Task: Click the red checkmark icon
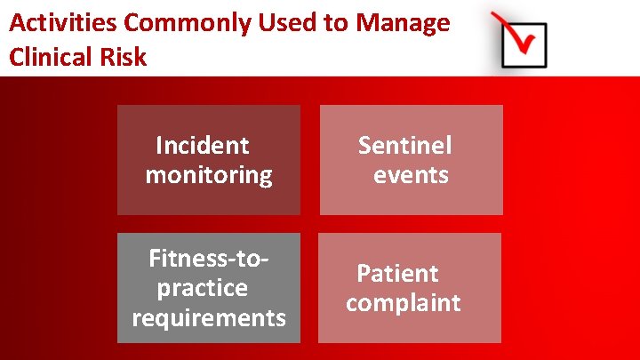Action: [520, 38]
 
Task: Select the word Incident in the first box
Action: [203, 145]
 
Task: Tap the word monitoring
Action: [209, 174]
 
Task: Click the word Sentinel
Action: [405, 145]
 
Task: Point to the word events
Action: [411, 174]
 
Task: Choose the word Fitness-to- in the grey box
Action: [209, 259]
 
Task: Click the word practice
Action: [203, 288]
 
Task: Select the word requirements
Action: [209, 317]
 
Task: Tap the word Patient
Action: [398, 273]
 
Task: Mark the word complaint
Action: [404, 302]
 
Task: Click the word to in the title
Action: [335, 23]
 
